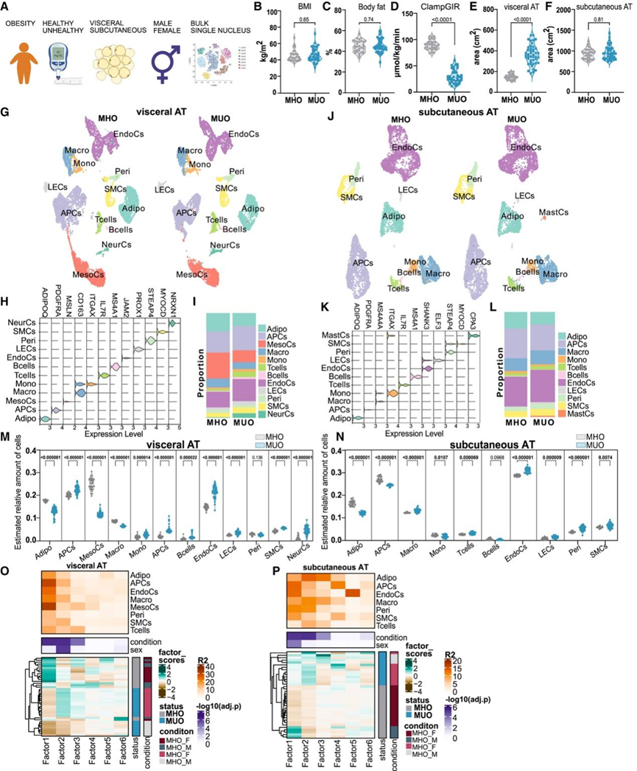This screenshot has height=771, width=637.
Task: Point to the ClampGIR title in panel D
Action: point(443,7)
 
